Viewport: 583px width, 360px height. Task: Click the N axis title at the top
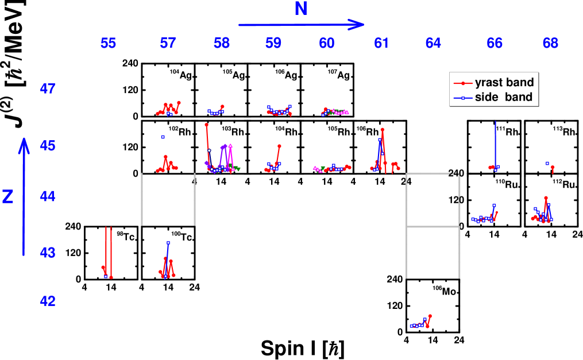[x=300, y=9]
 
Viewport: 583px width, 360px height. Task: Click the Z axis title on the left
[x=8, y=197]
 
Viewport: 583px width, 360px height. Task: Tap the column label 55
[x=108, y=43]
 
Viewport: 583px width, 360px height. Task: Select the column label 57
[x=168, y=43]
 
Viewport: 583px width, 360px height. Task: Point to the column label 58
[x=222, y=43]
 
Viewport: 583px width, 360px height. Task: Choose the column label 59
[x=274, y=43]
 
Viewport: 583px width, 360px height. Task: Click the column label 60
[x=327, y=43]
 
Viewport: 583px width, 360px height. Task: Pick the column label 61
[x=381, y=43]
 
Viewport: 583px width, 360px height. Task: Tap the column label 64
[x=434, y=43]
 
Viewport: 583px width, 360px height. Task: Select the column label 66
[x=495, y=43]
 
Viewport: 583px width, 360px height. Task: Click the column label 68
[x=550, y=43]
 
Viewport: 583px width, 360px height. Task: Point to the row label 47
[x=48, y=89]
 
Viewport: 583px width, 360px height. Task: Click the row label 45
[x=48, y=146]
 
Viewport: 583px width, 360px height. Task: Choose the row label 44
[x=48, y=197]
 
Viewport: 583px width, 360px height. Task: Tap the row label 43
[x=48, y=252]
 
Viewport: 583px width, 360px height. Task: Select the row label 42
[x=48, y=301]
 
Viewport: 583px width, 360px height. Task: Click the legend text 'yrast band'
[x=504, y=83]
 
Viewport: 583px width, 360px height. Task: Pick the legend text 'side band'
[x=504, y=98]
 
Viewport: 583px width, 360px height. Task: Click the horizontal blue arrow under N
[x=301, y=25]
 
